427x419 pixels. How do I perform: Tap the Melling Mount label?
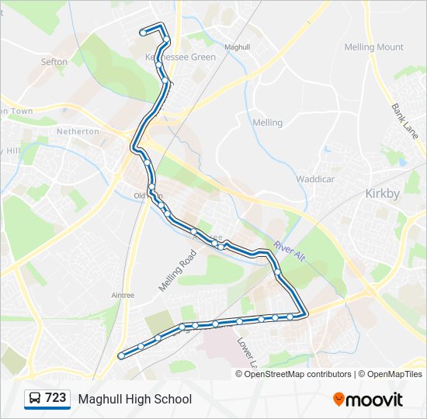coord(374,47)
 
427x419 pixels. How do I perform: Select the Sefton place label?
coord(54,62)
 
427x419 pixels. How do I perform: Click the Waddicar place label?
coord(314,179)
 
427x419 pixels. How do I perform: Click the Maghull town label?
coord(237,47)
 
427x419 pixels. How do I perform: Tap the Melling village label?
coord(268,123)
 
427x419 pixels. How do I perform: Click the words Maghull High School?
coord(134,400)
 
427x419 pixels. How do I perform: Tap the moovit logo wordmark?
coord(374,400)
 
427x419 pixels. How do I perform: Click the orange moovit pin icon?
coord(338,400)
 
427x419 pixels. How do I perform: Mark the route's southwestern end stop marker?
coord(121,355)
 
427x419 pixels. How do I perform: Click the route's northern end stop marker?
coord(143,33)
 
